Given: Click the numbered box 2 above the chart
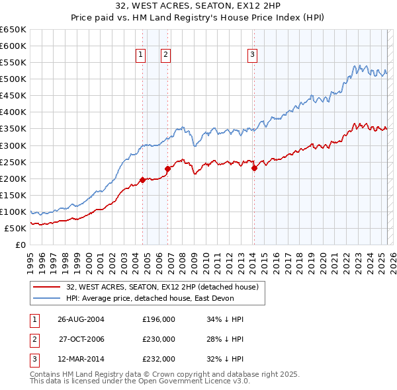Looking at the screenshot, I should [165, 56].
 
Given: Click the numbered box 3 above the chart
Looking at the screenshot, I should [253, 56].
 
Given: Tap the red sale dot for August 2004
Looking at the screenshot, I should [143, 179].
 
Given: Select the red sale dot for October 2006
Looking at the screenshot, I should [168, 169].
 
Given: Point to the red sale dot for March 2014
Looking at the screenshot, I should [254, 168].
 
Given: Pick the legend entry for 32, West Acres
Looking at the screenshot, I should [165, 286].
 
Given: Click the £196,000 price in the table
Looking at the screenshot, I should [159, 319].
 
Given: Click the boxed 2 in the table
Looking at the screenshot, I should [33, 339].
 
